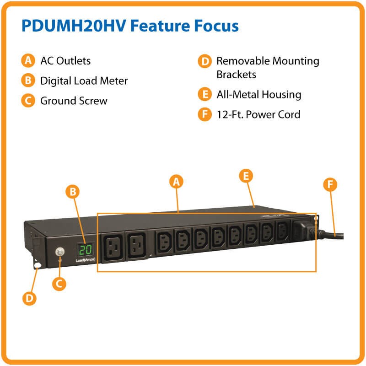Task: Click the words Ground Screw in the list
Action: point(74,101)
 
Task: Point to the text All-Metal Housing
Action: point(258,95)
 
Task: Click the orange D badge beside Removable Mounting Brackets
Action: point(204,61)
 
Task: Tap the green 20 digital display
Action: point(86,250)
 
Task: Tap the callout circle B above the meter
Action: point(72,192)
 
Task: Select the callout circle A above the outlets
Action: point(176,182)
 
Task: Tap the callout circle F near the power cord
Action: point(330,184)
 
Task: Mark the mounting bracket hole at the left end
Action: point(36,266)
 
